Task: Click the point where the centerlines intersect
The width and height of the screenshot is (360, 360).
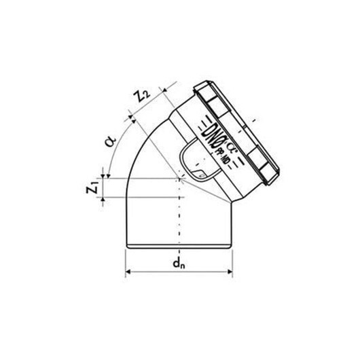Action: [181, 179]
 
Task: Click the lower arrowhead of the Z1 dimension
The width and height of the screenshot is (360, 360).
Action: [103, 198]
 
